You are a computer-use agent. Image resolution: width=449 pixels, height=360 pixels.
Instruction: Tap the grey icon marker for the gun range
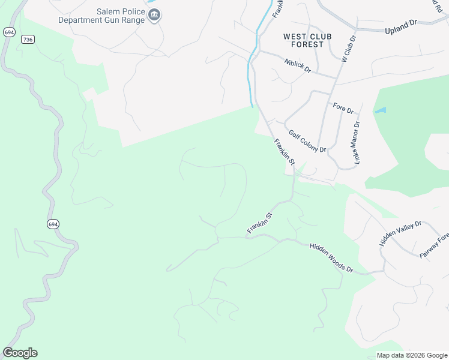coord(154,15)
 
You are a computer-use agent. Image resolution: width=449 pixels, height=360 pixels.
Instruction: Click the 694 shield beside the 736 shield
coord(9,32)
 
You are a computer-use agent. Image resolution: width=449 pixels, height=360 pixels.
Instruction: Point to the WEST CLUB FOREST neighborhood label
coord(307,40)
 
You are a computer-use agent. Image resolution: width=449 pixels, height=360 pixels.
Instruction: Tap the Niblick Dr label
coord(298,65)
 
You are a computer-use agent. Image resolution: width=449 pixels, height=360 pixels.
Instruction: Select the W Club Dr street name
coord(348,49)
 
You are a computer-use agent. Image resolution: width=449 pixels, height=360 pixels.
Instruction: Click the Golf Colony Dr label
coord(307,142)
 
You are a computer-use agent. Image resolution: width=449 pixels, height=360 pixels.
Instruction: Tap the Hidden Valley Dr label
coord(400,233)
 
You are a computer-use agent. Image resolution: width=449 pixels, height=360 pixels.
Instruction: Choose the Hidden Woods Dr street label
coord(331,258)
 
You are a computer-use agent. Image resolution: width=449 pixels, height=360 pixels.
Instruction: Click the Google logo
coord(20,353)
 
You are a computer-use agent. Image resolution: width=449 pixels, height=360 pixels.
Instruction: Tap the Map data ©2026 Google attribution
coord(411,355)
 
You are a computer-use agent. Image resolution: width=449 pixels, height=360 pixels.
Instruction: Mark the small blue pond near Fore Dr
coord(380,111)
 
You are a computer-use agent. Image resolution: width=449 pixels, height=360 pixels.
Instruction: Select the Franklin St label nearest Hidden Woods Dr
coord(260,223)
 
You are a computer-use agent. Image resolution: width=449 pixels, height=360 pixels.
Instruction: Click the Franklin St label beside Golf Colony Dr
coord(285,152)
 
